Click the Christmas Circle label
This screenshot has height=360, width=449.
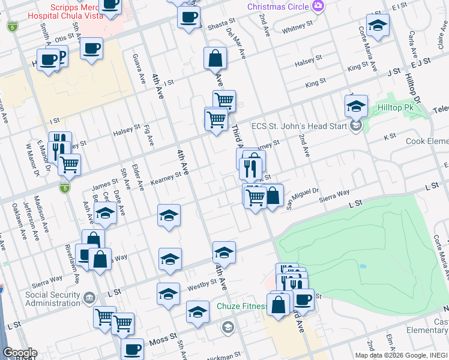[x=278, y=7]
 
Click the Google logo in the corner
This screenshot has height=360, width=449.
[x=19, y=353]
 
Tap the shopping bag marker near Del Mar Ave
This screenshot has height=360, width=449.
[x=214, y=59]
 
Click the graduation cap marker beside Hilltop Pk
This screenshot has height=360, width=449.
[x=356, y=106]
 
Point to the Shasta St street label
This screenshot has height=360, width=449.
[x=221, y=23]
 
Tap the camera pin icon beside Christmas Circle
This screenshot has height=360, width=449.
[x=318, y=7]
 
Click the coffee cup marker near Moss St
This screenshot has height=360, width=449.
[x=132, y=349]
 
